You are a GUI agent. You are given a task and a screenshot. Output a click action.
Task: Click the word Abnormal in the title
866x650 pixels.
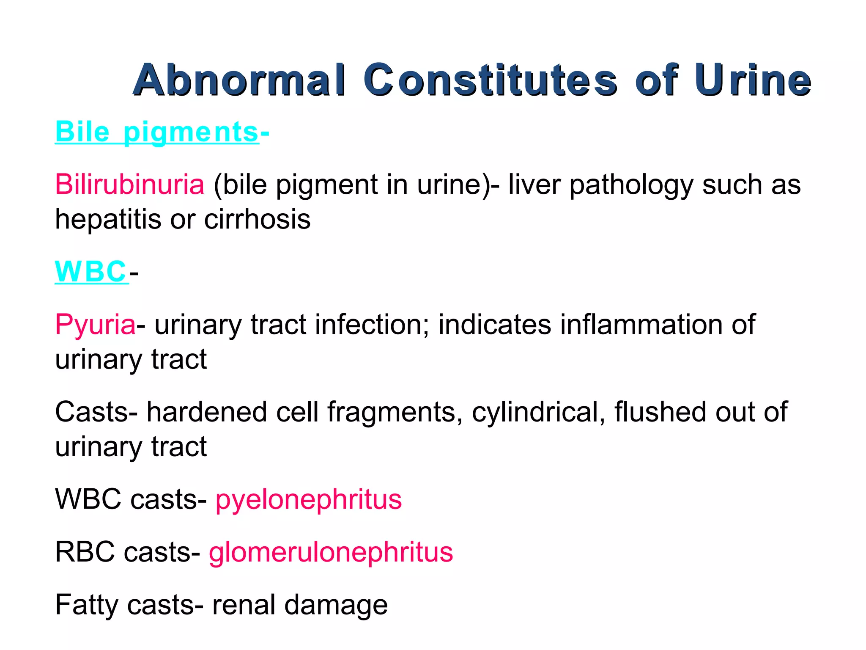pos(239,80)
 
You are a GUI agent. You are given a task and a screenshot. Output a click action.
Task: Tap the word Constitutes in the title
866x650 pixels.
pos(490,80)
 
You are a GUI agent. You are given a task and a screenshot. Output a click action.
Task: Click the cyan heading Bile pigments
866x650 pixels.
pos(156,132)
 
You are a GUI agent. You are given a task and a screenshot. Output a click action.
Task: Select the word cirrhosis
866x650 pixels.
pos(257,219)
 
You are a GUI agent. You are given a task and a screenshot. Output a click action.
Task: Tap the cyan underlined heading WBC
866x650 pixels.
pos(90,271)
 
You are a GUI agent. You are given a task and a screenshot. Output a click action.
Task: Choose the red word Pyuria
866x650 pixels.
pos(95,325)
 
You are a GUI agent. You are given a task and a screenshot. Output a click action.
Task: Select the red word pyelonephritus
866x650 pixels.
pos(308,499)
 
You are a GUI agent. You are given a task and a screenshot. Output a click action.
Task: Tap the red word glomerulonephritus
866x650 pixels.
pos(331,552)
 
